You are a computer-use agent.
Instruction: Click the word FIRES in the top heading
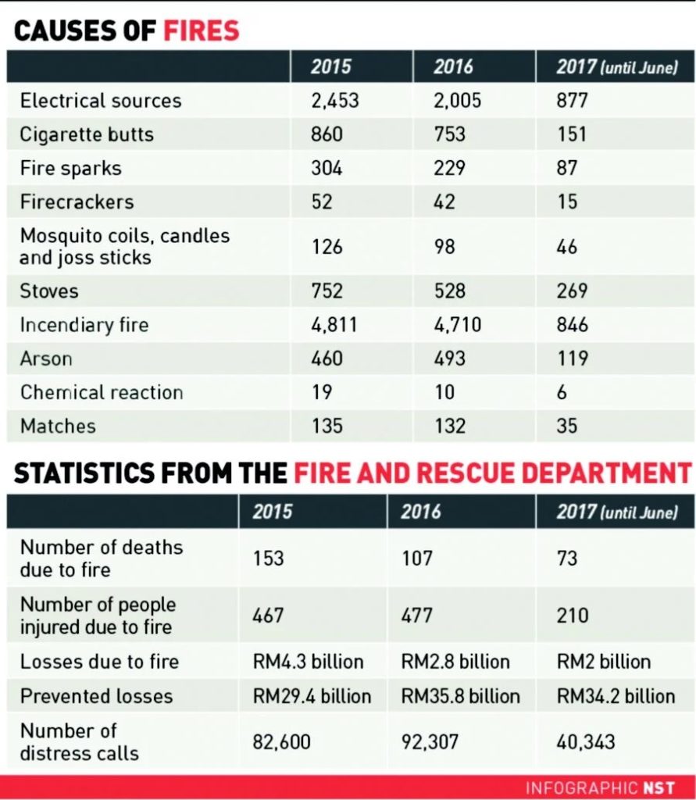point(201,31)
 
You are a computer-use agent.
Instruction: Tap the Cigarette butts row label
point(87,134)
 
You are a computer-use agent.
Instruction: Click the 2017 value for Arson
point(573,359)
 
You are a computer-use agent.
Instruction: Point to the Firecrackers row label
point(77,202)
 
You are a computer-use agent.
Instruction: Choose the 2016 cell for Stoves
point(450,291)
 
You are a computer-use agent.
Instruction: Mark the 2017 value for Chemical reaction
point(562,392)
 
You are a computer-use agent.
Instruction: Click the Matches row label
point(58,426)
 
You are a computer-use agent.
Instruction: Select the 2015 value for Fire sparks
point(327,168)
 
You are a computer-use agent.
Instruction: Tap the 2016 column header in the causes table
point(454,67)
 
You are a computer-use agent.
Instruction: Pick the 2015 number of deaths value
point(269,559)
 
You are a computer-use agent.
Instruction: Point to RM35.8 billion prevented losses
point(460,696)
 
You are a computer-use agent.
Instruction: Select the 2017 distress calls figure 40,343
point(586,741)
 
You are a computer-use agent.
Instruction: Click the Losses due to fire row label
point(99,662)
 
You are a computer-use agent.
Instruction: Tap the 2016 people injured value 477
point(416,616)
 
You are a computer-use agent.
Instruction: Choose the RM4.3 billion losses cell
point(308,662)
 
